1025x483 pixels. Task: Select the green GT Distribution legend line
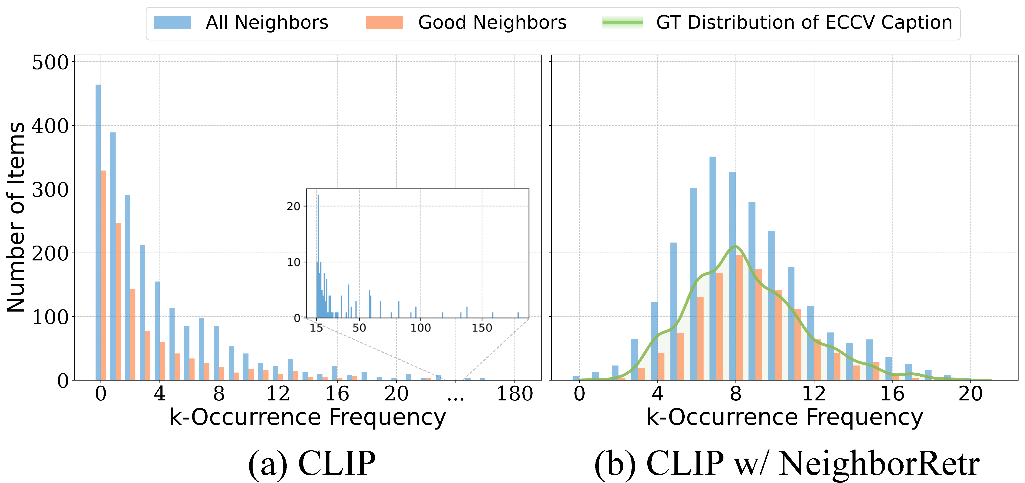622,22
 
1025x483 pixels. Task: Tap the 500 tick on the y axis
51,62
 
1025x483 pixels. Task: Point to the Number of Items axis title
16,217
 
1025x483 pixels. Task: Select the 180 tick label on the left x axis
514,394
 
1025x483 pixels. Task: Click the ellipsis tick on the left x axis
456,396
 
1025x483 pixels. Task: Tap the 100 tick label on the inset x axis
421,328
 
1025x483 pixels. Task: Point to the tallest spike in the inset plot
318,255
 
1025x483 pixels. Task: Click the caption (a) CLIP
312,463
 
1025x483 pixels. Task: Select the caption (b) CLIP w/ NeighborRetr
787,463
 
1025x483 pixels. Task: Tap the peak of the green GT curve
735,246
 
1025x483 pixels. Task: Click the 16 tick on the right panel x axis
892,394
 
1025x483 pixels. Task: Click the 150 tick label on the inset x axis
482,328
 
